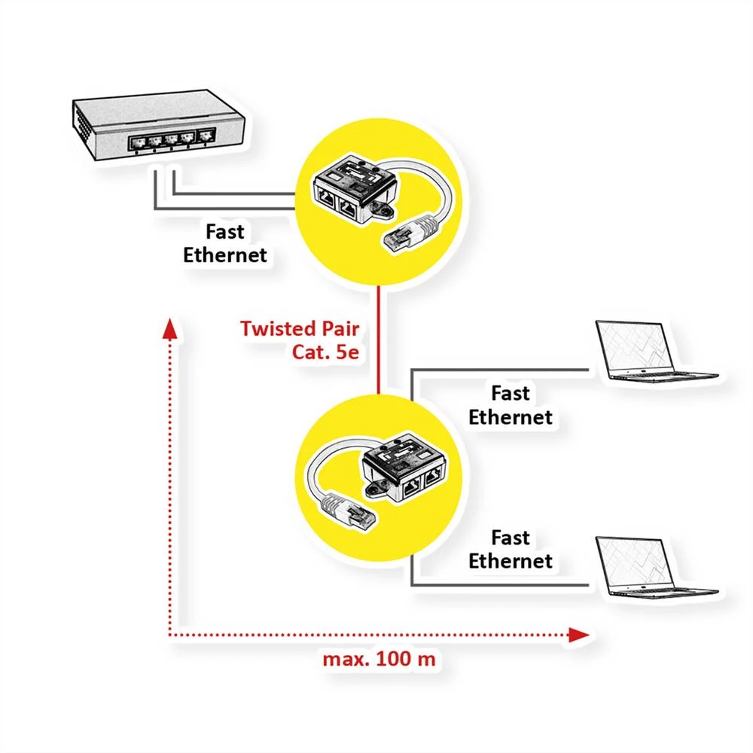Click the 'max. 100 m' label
pos(379,659)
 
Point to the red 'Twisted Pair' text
pos(300,328)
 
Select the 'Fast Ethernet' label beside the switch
pos(225,242)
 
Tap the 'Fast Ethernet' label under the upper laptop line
pos(510,405)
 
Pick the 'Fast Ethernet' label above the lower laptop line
pos(510,550)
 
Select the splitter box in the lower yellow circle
pos(403,471)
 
